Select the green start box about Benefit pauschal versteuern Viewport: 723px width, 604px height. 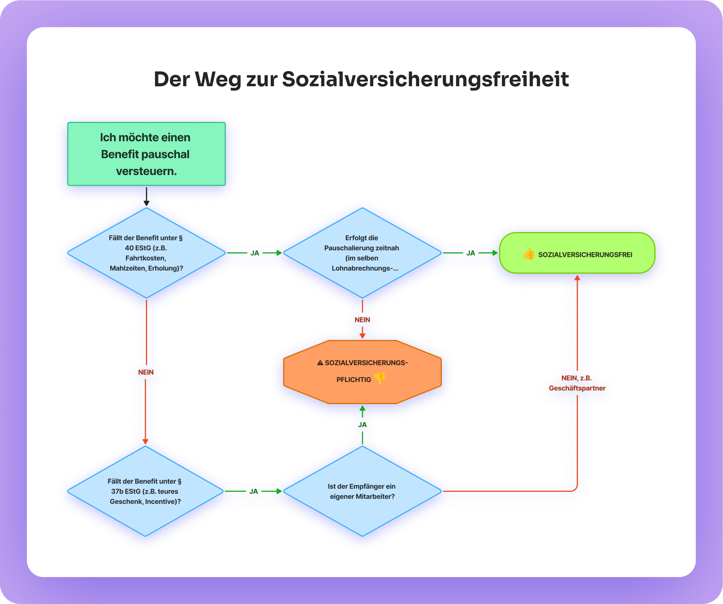pos(146,154)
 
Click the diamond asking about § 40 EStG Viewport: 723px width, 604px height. pos(146,253)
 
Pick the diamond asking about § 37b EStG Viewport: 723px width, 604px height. pos(145,491)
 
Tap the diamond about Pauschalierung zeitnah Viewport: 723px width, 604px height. pos(362,253)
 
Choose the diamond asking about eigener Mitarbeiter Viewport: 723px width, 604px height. pos(362,491)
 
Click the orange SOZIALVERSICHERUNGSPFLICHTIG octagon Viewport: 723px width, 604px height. pos(362,372)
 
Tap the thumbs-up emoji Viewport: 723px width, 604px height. pos(529,254)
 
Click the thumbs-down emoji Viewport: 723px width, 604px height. pos(380,378)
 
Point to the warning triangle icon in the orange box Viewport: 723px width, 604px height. pos(320,363)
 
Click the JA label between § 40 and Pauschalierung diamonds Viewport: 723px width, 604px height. pos(255,253)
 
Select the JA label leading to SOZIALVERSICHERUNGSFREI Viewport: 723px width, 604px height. pos(470,253)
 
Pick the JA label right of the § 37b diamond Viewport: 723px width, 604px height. pos(254,491)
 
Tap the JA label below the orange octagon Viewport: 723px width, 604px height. pos(362,425)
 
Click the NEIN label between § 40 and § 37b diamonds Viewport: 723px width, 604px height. pos(146,372)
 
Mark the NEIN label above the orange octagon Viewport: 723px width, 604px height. pos(362,320)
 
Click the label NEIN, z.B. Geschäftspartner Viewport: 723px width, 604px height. pos(577,383)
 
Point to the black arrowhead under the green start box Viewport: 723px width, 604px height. pos(146,203)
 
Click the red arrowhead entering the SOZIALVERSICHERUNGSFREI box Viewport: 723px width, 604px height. pos(577,278)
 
